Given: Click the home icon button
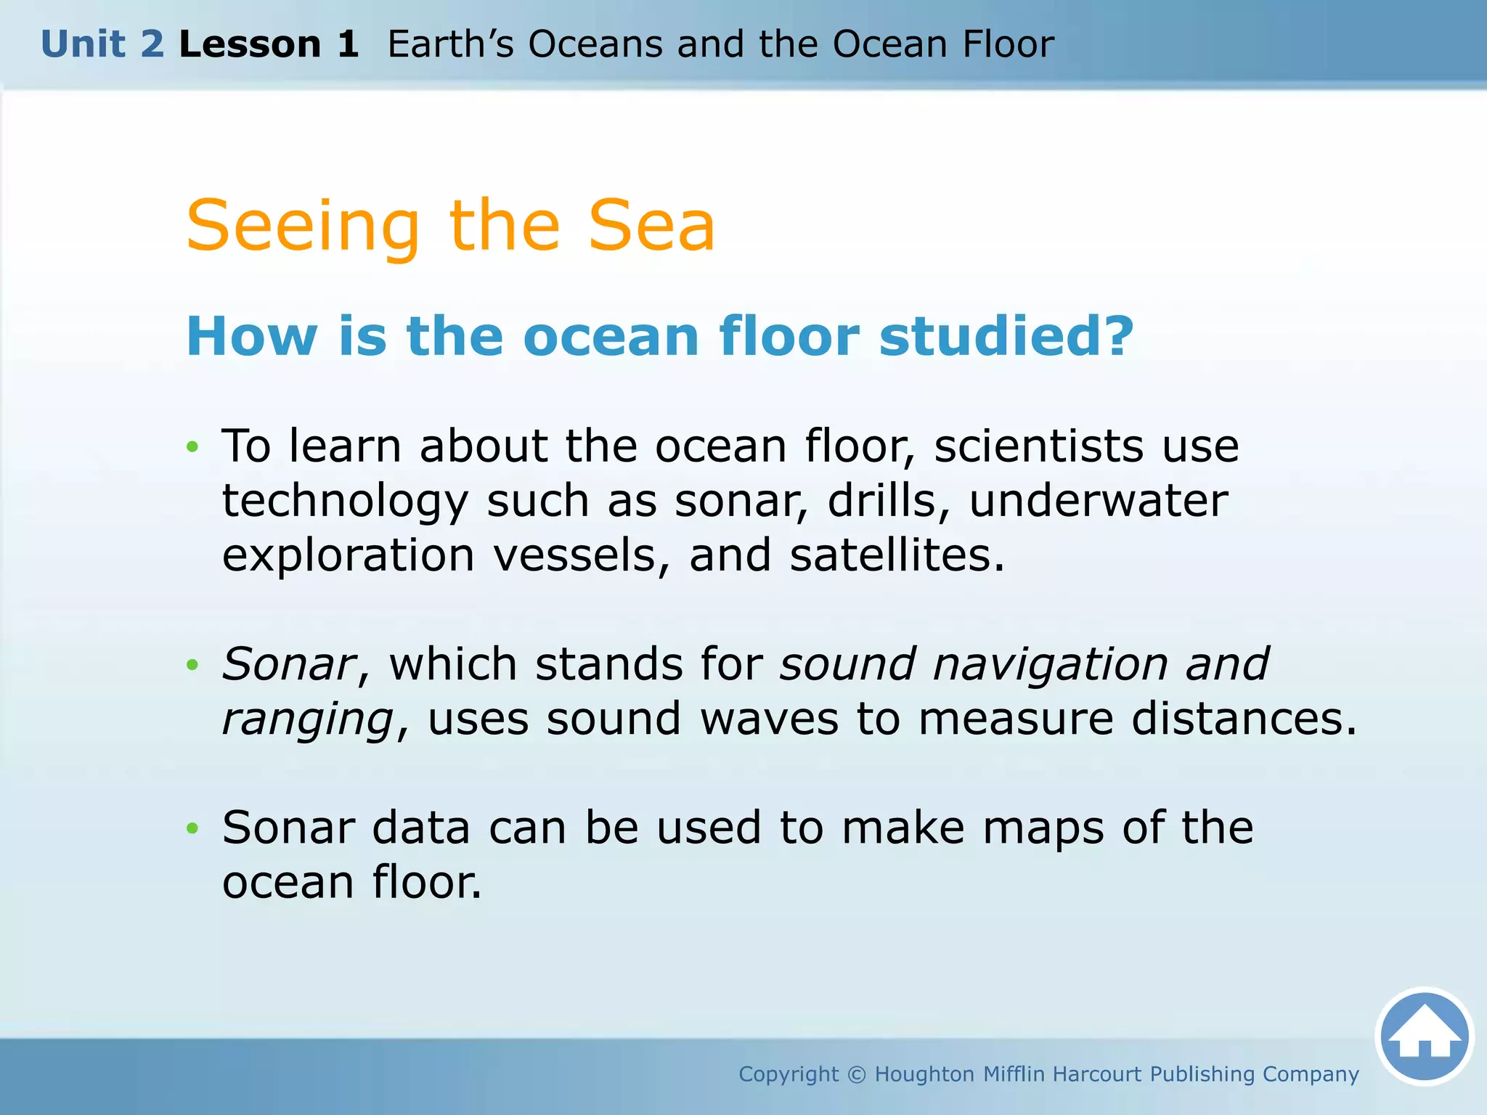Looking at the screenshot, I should pyautogui.click(x=1425, y=1036).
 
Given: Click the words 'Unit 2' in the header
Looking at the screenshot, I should pyautogui.click(x=102, y=44).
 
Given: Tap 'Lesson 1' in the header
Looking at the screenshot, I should pyautogui.click(x=269, y=44).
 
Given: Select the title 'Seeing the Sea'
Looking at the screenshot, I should pyautogui.click(x=450, y=226).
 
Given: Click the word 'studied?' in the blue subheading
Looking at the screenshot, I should pyautogui.click(x=1006, y=337).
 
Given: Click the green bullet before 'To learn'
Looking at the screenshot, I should pyautogui.click(x=192, y=446).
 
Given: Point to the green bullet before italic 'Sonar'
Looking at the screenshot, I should pyautogui.click(x=192, y=664).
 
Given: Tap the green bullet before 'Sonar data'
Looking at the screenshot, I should pyautogui.click(x=192, y=828).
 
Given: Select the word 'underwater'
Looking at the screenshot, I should pyautogui.click(x=1098, y=501).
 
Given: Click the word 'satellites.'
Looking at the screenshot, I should pyautogui.click(x=897, y=555).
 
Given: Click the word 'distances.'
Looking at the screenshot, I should pyautogui.click(x=1244, y=719).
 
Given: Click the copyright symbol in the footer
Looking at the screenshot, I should pyautogui.click(x=857, y=1074).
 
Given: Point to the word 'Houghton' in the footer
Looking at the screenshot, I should pyautogui.click(x=924, y=1074).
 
